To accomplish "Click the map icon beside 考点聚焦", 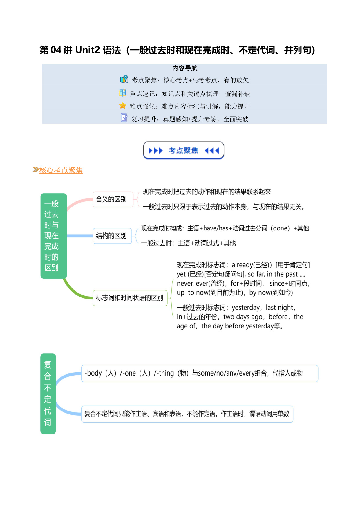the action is click(x=124, y=79).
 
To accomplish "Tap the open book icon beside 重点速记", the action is click(x=122, y=93).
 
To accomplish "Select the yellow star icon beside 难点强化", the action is click(x=123, y=106).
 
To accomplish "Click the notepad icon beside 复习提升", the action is click(x=124, y=118).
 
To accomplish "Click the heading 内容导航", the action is click(x=185, y=68).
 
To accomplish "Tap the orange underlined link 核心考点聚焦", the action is click(x=61, y=170).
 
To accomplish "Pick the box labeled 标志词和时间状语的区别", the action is click(x=130, y=298).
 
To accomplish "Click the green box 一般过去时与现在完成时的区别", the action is click(x=54, y=236).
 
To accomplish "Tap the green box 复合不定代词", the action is click(x=48, y=394).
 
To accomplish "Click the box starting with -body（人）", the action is click(x=200, y=373).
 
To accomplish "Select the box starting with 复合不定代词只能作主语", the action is click(x=187, y=414).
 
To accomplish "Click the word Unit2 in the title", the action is click(x=88, y=50).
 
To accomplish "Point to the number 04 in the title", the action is click(x=56, y=50).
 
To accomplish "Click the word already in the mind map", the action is click(x=243, y=265).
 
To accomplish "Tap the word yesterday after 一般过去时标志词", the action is click(x=246, y=308).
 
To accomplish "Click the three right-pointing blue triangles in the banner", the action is click(x=156, y=151).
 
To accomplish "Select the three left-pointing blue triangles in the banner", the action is click(x=212, y=151).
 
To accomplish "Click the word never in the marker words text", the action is click(x=185, y=284).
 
